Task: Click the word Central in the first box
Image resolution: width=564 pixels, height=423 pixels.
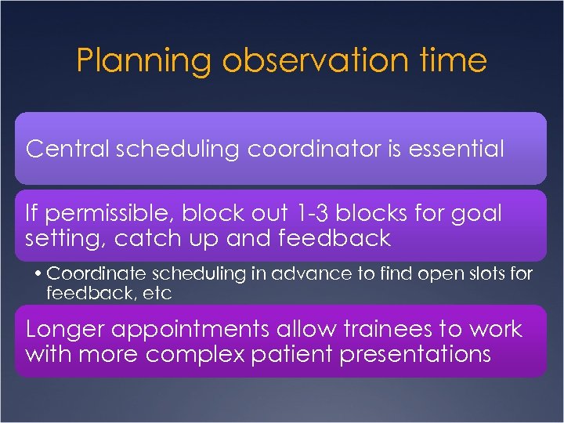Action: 65,149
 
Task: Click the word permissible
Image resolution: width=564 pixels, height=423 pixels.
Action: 107,214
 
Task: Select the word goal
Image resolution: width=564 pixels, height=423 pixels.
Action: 477,214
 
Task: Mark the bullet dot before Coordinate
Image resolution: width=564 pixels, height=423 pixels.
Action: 38,274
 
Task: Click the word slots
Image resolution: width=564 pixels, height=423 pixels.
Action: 485,274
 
